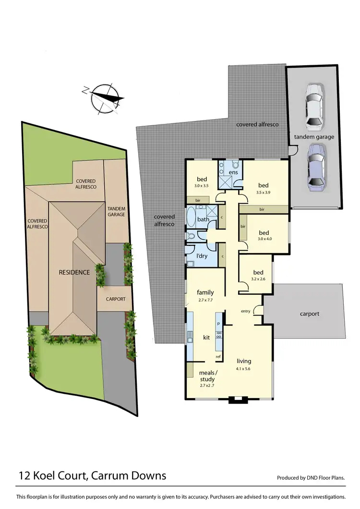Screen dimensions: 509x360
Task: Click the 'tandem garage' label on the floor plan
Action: point(314,137)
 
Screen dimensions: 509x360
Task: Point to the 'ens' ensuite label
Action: point(234,172)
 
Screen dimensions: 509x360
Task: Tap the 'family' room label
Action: point(205,292)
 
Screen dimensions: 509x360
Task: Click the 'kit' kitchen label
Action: point(206,338)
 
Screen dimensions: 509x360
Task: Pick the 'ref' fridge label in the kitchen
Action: point(218,356)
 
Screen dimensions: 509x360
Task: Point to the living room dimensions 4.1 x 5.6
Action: point(244,369)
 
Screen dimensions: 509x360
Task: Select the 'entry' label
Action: point(246,312)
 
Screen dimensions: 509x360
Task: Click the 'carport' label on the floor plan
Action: point(310,314)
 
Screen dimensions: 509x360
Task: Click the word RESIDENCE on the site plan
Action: point(74,272)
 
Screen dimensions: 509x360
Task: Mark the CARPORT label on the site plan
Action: point(115,299)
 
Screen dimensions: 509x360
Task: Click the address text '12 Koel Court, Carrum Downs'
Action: point(92,476)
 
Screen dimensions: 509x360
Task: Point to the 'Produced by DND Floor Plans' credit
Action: point(311,478)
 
